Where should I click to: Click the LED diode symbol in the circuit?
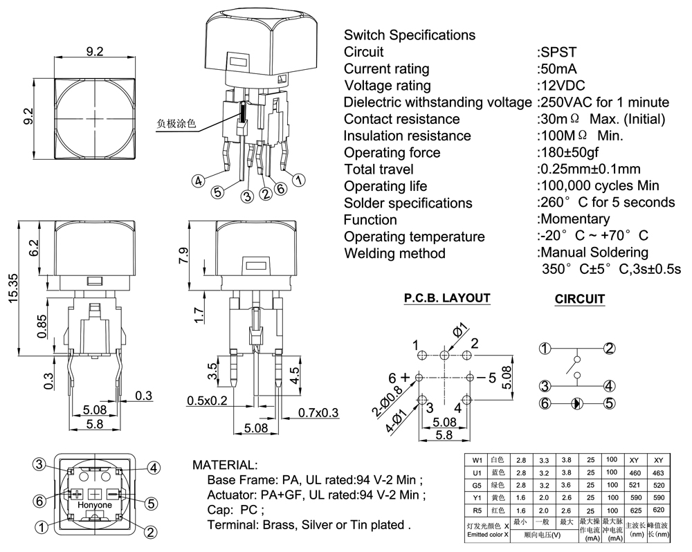pyautogui.click(x=576, y=403)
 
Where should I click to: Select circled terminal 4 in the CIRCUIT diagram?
pyautogui.click(x=609, y=386)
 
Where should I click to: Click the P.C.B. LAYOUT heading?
pyautogui.click(x=447, y=298)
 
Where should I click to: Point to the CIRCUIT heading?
pyautogui.click(x=580, y=299)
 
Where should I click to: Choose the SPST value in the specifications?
pyautogui.click(x=558, y=52)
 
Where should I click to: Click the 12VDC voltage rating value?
pyautogui.click(x=563, y=86)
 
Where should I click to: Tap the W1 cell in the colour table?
pyautogui.click(x=477, y=460)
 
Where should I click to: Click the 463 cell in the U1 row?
pyautogui.click(x=658, y=473)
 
